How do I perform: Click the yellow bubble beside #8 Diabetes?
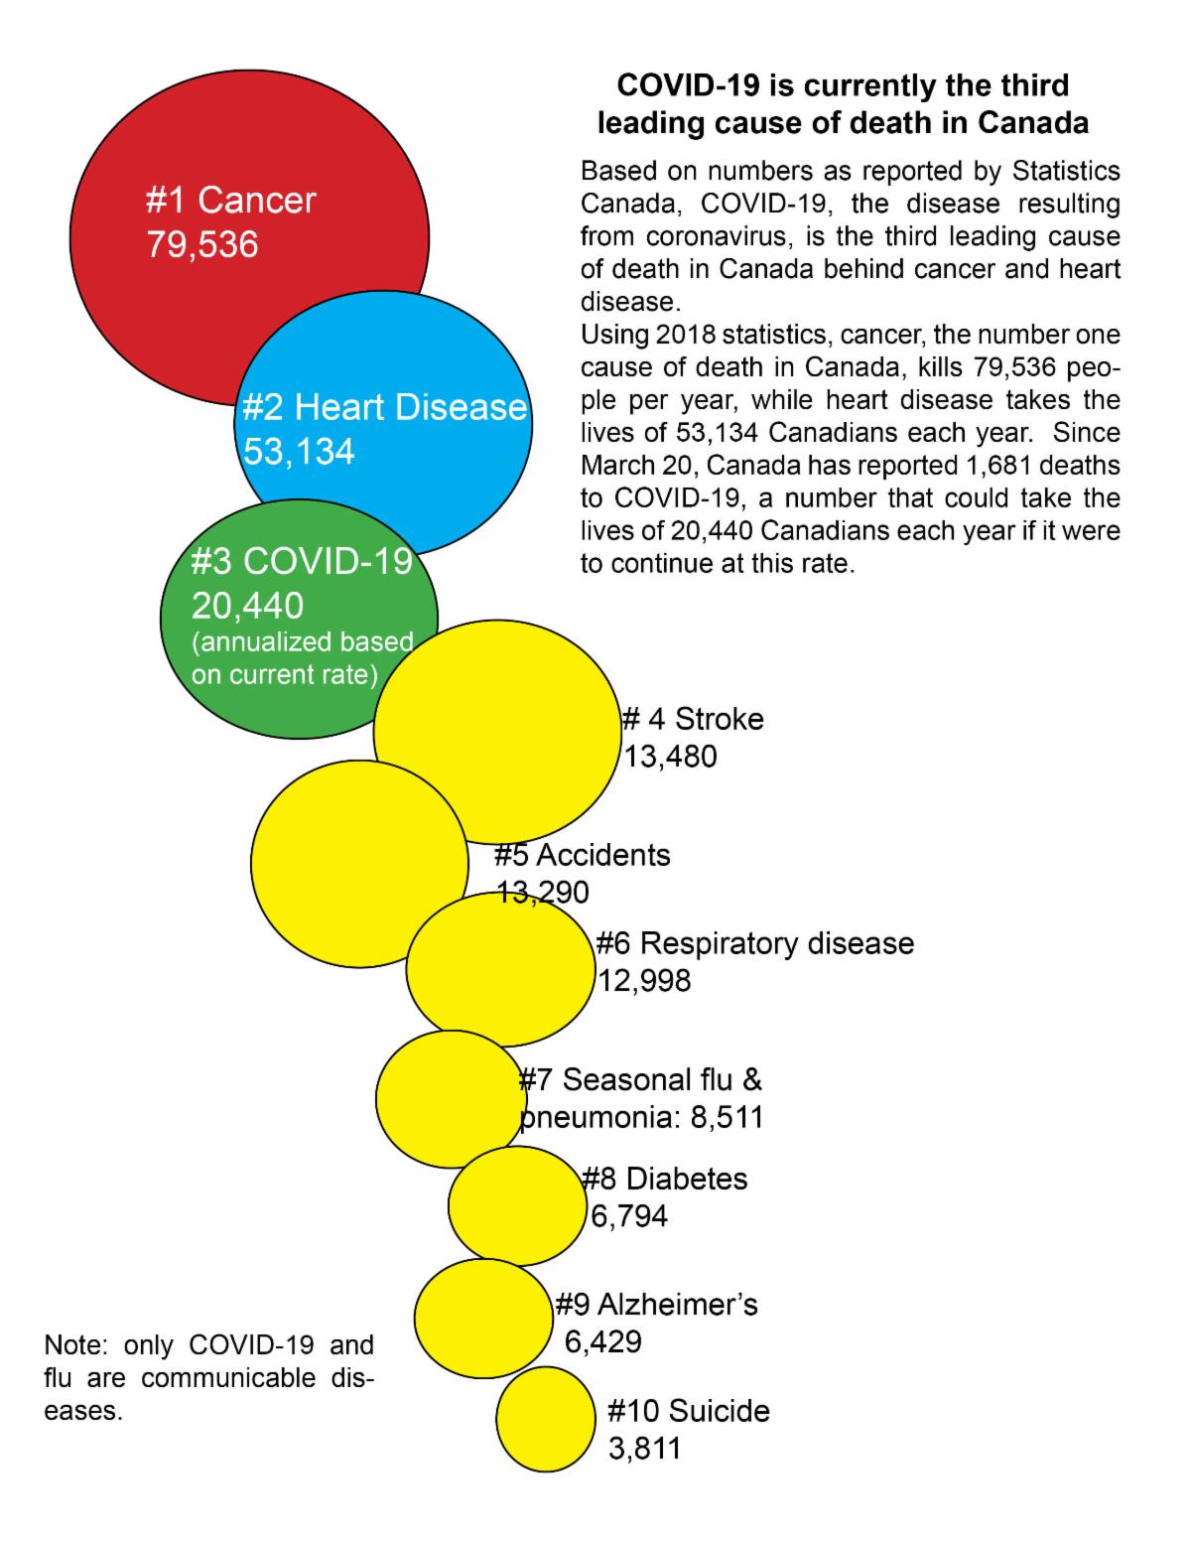[516, 1205]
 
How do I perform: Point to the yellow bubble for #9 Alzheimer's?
[482, 1319]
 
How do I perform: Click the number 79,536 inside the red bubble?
[202, 243]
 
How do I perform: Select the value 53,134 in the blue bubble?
[299, 452]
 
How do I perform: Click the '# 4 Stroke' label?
[693, 719]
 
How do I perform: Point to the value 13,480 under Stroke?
[670, 757]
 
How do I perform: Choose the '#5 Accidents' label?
[583, 855]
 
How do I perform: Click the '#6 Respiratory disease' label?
[755, 942]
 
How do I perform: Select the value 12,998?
[644, 981]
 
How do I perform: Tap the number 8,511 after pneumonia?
[727, 1117]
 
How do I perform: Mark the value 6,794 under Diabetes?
[629, 1215]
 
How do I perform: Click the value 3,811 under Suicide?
[645, 1448]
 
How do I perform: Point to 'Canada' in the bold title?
[1033, 123]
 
